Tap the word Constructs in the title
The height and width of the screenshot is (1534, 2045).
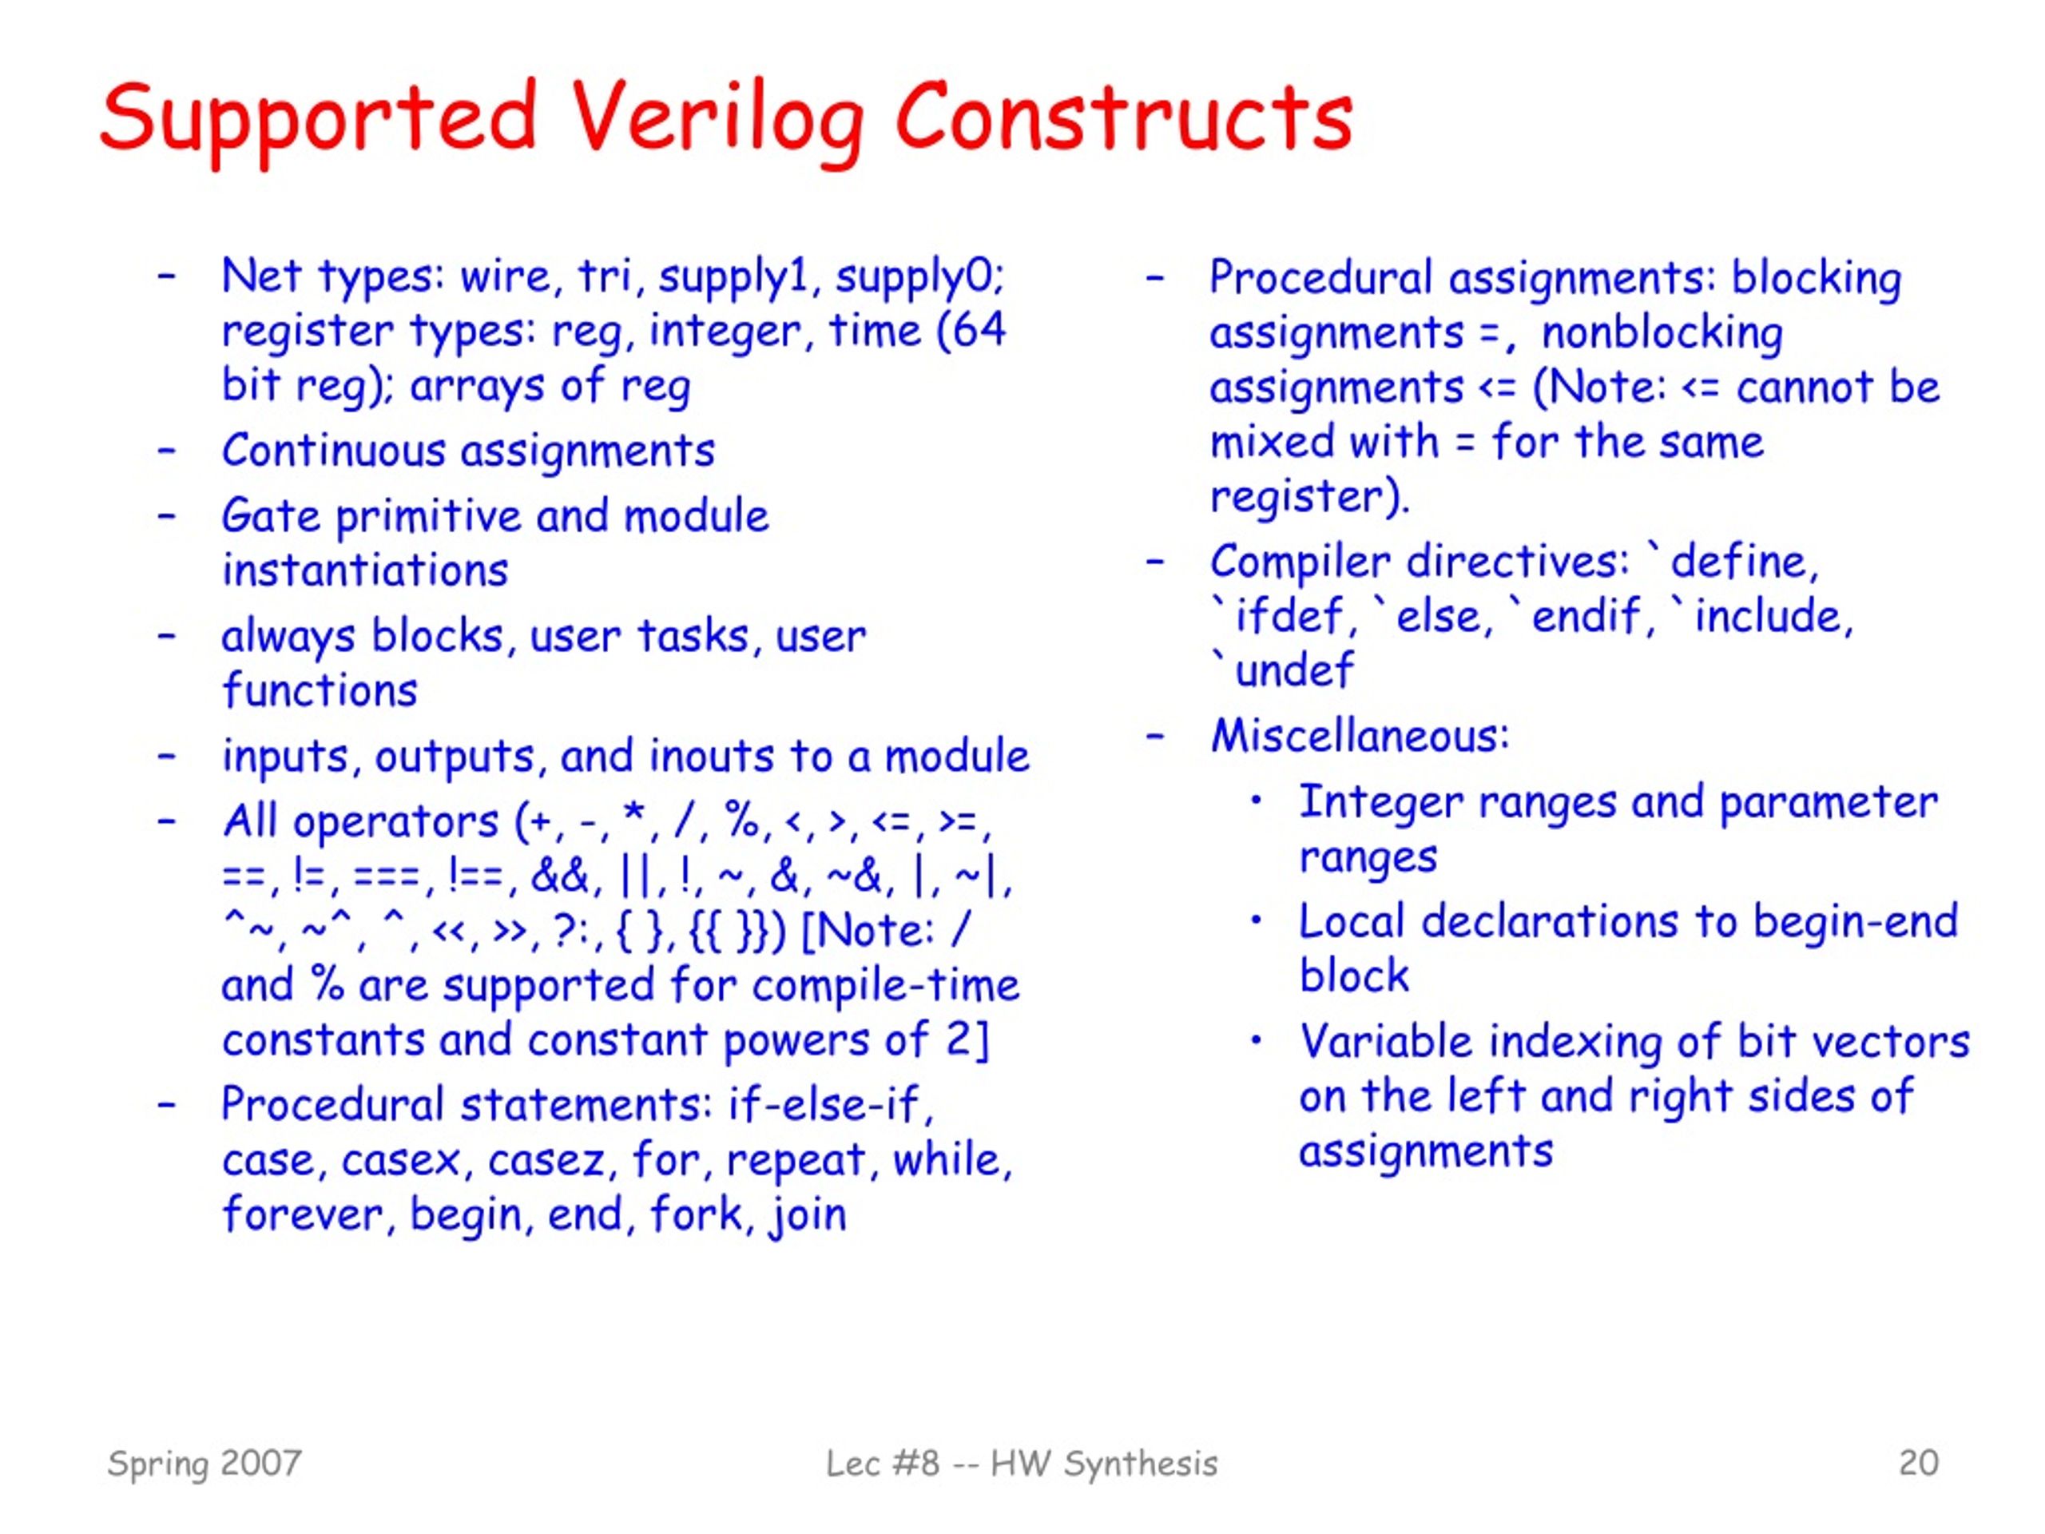[x=1124, y=116]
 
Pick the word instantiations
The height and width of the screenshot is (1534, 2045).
[x=365, y=570]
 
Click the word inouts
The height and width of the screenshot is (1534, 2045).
[x=711, y=756]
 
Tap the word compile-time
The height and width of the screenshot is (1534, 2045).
[x=885, y=986]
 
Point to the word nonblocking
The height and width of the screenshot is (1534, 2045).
[x=1662, y=334]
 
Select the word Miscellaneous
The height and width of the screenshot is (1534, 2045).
[x=1359, y=736]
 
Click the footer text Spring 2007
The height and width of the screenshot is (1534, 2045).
[x=204, y=1464]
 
